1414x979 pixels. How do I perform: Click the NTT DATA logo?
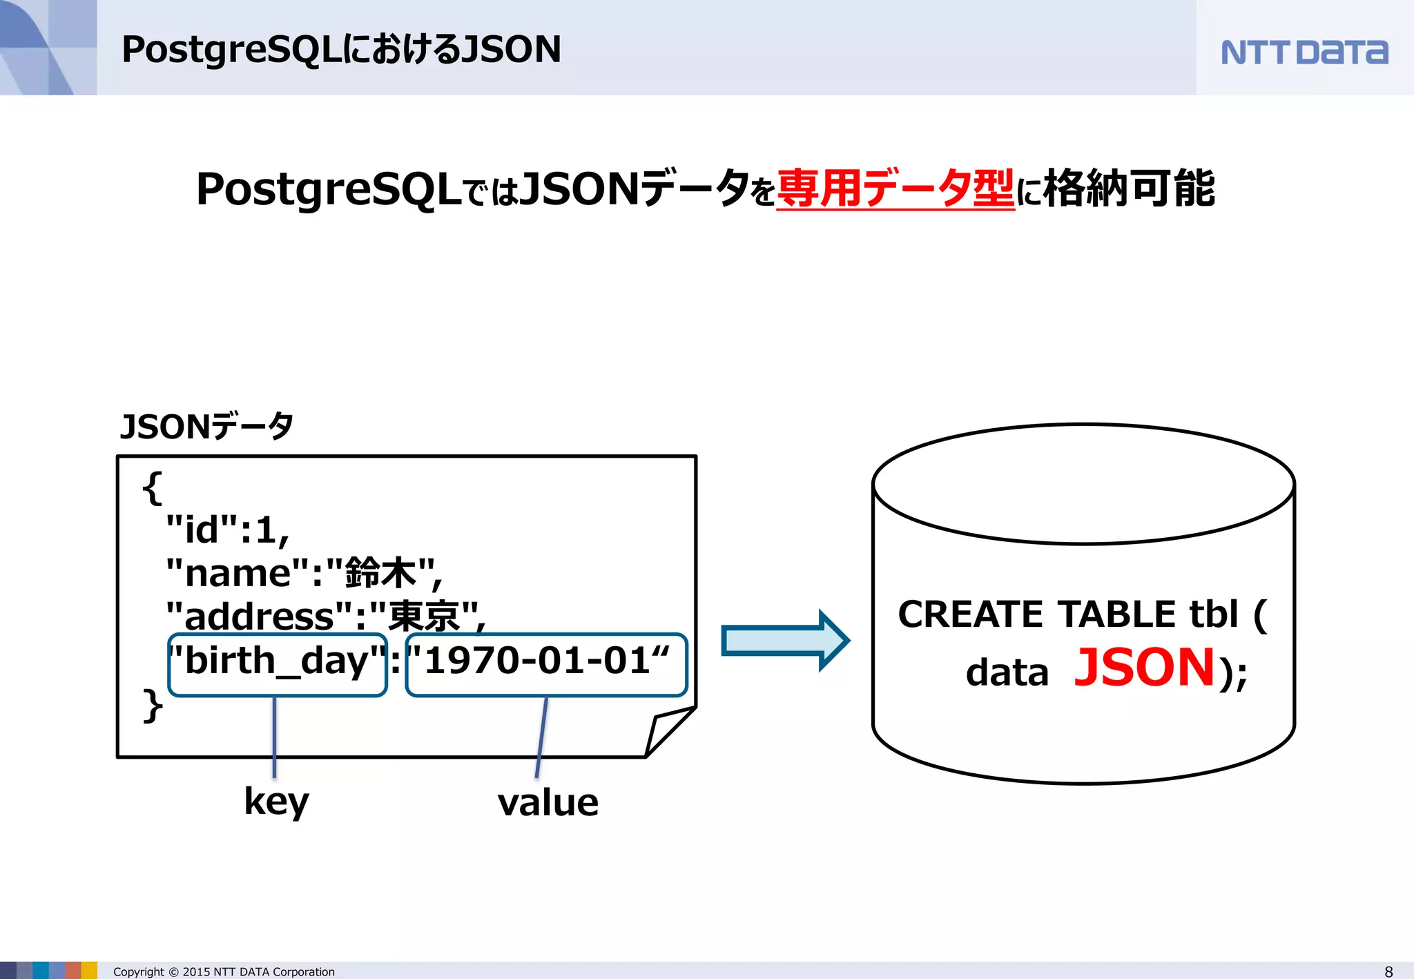coord(1304,52)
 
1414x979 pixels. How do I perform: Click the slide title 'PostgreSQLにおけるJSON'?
coord(341,50)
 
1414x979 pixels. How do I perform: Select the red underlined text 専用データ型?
coord(895,188)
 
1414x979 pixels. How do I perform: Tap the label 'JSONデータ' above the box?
coord(206,427)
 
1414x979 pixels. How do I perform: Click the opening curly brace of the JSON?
coord(153,488)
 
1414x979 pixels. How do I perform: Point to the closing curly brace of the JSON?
coord(153,706)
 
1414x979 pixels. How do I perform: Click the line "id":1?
coord(227,531)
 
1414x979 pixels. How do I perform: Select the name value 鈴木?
coord(380,573)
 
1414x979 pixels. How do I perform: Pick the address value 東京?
coord(424,616)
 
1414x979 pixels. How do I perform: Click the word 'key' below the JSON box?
coord(276,802)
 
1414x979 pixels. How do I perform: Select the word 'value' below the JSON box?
coord(548,804)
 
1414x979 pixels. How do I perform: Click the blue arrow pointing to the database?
coord(784,640)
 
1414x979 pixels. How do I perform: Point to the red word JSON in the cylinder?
coord(1144,668)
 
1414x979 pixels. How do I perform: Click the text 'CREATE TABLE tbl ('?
coord(1082,614)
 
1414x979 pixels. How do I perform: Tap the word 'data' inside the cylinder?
coord(1007,672)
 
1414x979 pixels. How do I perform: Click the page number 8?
coord(1388,971)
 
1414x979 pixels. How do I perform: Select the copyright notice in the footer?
coord(224,971)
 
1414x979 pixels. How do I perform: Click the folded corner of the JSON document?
coord(666,732)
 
